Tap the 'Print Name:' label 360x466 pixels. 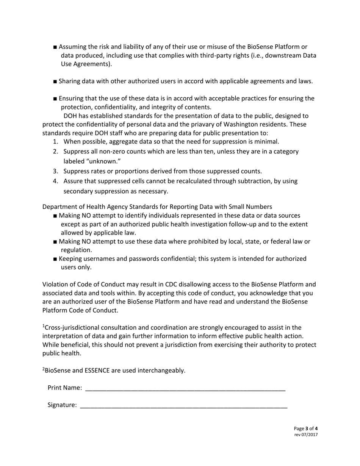(64, 388)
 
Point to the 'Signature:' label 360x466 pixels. (62, 405)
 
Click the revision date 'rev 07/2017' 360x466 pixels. (306, 435)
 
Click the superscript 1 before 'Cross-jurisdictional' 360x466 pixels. (44, 326)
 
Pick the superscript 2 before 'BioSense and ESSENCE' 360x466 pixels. (44, 369)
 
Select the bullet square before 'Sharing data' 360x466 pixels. (56, 81)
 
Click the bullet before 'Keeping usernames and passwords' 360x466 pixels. (56, 259)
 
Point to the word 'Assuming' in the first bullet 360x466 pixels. (73, 47)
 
